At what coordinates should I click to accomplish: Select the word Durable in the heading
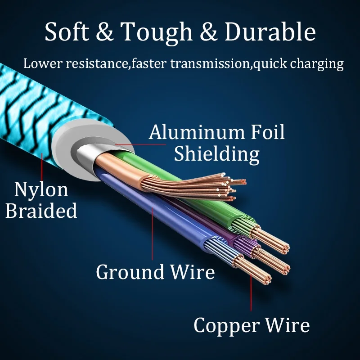pyautogui.click(x=270, y=32)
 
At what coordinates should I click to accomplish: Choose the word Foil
pyautogui.click(x=265, y=133)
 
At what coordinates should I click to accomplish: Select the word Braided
pyautogui.click(x=41, y=211)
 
